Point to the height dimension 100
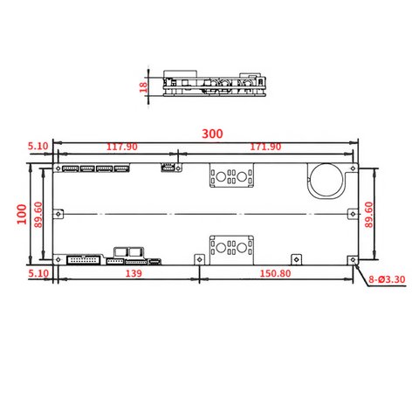click(20, 213)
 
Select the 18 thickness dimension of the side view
click(144, 87)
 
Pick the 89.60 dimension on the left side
click(38, 213)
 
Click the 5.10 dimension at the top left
click(37, 147)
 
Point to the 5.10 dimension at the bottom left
click(37, 274)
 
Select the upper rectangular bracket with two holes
click(231, 176)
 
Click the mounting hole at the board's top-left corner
click(58, 168)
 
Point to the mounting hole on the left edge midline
click(58, 213)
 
